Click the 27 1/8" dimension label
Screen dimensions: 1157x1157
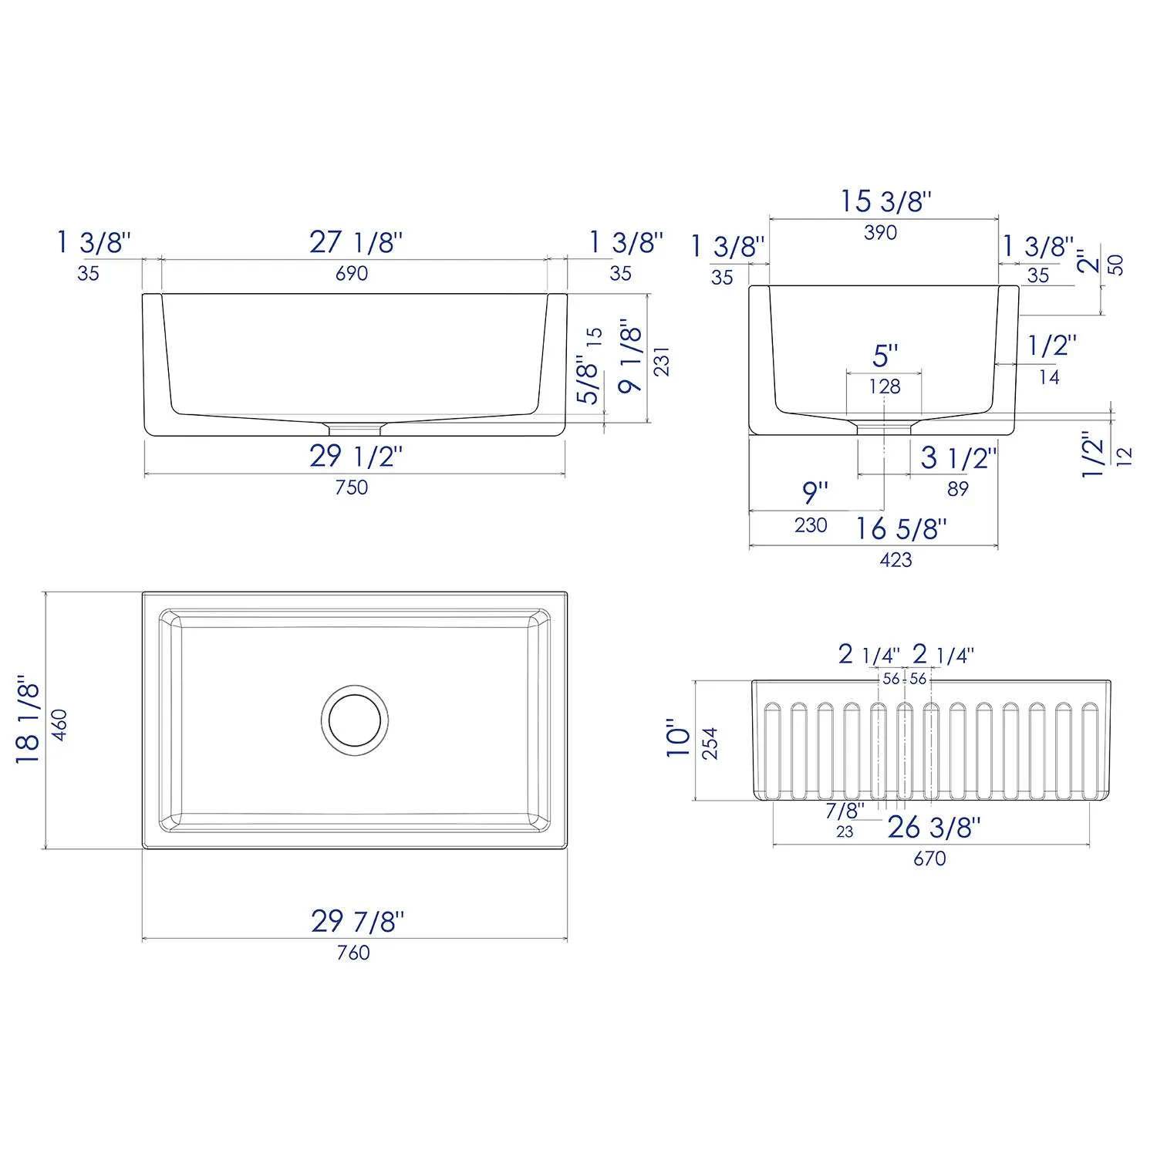pyautogui.click(x=356, y=242)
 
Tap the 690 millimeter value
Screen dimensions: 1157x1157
pyautogui.click(x=352, y=273)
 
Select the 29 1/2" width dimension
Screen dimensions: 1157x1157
pyautogui.click(x=356, y=457)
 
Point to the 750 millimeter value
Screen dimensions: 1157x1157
pyautogui.click(x=352, y=487)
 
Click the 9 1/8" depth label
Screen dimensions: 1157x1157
pyautogui.click(x=631, y=356)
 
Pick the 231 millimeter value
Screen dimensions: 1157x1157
pyautogui.click(x=662, y=361)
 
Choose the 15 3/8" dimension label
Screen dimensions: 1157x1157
pyautogui.click(x=885, y=201)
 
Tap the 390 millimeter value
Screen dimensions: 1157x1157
pyautogui.click(x=880, y=232)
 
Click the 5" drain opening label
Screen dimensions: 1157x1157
pyautogui.click(x=885, y=356)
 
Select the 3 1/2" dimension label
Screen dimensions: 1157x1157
pyautogui.click(x=958, y=458)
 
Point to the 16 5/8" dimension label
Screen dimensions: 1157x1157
pyautogui.click(x=901, y=529)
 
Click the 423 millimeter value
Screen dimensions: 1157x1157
pyautogui.click(x=896, y=560)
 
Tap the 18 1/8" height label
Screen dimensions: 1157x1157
pyautogui.click(x=28, y=720)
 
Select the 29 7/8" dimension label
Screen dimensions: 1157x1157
pyautogui.click(x=357, y=921)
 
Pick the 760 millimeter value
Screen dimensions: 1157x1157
pyautogui.click(x=353, y=953)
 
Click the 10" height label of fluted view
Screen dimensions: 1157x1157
pyautogui.click(x=679, y=739)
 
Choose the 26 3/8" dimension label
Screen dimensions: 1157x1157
pyautogui.click(x=933, y=828)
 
